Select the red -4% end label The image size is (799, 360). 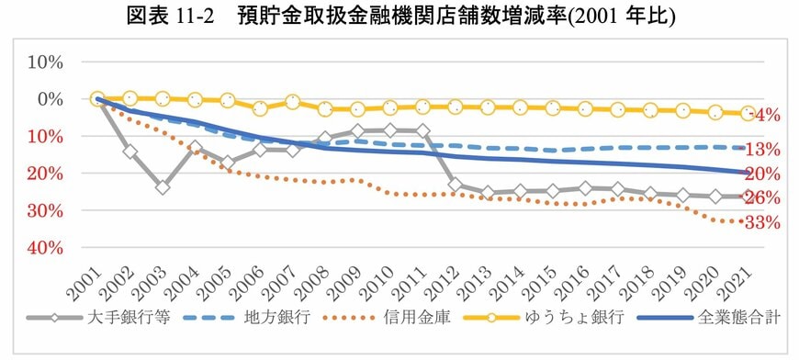765,115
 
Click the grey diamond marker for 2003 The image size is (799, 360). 163,186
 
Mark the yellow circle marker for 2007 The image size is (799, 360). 292,102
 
